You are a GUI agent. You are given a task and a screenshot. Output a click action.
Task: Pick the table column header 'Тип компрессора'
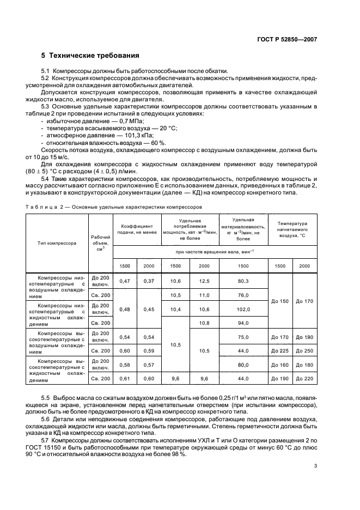(57, 244)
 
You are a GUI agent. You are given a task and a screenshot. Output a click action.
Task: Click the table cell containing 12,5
(204, 281)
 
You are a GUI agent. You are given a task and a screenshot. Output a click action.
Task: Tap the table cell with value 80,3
(243, 281)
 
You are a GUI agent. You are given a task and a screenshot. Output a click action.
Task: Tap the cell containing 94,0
(243, 323)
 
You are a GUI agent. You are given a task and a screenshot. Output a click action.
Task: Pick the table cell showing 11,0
(204, 295)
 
